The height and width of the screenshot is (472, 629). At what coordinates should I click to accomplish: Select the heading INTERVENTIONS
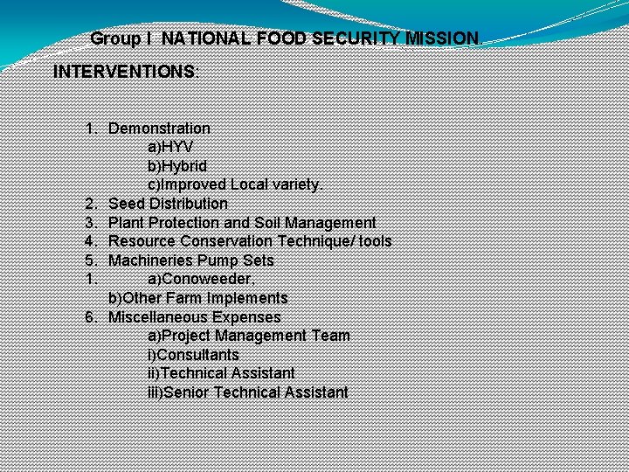pos(125,72)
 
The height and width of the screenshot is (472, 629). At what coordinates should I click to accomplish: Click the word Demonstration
pos(159,128)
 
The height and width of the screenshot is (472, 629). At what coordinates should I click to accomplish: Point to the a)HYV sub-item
pos(170,147)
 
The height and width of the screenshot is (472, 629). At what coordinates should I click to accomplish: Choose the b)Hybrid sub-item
pos(176,166)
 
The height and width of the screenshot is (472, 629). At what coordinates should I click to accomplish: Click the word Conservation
pos(225,241)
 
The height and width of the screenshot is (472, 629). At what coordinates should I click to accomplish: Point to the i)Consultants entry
pos(193,355)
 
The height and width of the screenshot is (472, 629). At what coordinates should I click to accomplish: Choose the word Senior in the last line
pos(186,392)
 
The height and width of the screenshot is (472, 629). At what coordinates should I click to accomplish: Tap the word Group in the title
pos(114,38)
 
